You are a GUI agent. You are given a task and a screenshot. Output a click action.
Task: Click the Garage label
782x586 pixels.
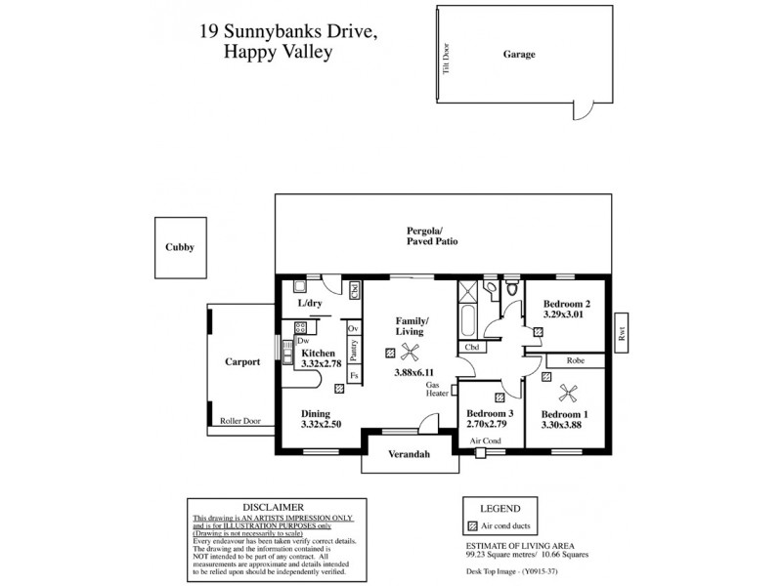(x=519, y=55)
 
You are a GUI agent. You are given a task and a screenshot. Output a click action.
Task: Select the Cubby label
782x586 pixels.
(x=180, y=248)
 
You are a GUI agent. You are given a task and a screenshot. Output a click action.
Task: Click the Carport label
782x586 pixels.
(x=241, y=361)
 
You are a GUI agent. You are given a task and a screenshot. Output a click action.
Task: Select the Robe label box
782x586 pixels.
(x=575, y=360)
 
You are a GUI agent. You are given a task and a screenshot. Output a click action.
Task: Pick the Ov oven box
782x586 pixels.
(x=353, y=328)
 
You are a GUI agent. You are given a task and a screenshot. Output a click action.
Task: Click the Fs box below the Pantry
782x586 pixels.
(x=353, y=375)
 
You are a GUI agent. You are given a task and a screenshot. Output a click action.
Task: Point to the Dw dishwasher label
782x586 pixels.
(x=304, y=340)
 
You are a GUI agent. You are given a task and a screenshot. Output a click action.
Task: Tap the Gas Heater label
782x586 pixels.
(x=437, y=389)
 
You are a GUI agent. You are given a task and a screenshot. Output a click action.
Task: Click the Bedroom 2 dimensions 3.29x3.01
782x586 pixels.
(x=563, y=315)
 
